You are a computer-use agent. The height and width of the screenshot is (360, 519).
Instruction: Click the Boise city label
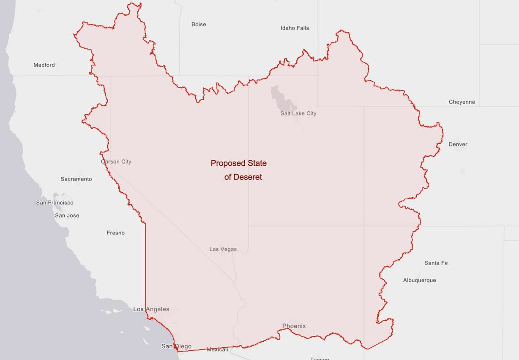tap(199, 25)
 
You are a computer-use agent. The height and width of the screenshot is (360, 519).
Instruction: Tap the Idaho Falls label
tap(295, 28)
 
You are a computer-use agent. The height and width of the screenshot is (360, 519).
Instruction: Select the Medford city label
tap(44, 65)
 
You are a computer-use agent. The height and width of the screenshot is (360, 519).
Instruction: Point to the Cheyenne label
tap(462, 102)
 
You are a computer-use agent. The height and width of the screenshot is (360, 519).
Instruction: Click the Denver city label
tap(458, 144)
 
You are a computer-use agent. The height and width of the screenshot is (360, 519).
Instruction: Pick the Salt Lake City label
tap(298, 113)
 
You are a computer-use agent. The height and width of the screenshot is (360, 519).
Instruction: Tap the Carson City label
tap(116, 162)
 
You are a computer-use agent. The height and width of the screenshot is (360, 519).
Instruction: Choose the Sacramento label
tap(76, 179)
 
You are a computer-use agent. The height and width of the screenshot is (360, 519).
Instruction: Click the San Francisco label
tap(55, 203)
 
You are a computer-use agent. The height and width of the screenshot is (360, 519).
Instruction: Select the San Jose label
tap(67, 215)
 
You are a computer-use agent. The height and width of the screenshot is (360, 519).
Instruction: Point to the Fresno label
tap(115, 233)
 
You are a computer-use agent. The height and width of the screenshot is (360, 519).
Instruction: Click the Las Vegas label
tap(223, 249)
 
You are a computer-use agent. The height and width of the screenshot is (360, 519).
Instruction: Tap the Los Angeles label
tap(151, 309)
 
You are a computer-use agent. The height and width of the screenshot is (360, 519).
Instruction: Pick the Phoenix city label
tap(294, 326)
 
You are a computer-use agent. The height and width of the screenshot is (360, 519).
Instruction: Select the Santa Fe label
tap(436, 263)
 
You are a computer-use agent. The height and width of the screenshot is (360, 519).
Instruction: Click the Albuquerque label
tap(419, 280)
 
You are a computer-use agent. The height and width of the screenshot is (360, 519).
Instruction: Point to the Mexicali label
tap(217, 349)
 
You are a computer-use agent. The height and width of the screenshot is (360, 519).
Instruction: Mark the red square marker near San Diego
tap(176, 346)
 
